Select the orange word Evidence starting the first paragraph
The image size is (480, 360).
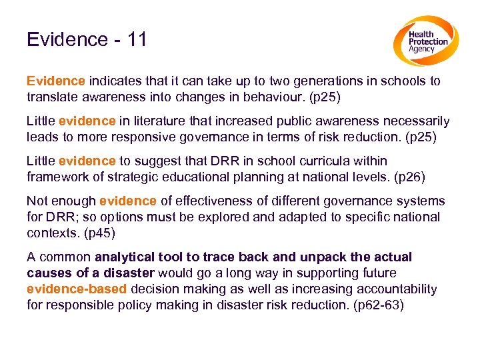(56, 81)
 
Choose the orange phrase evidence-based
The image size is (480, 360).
(77, 289)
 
